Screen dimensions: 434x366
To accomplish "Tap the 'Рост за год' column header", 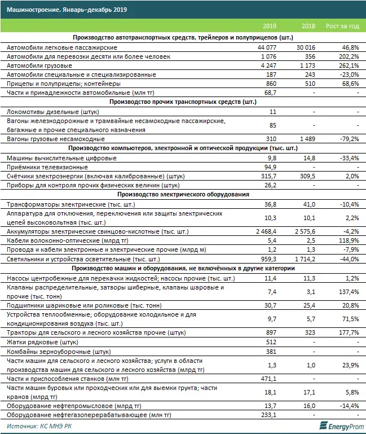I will tap(342, 27).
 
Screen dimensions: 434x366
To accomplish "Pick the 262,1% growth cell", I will tap(346, 65).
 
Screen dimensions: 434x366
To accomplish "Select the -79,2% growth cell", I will tap(346, 139).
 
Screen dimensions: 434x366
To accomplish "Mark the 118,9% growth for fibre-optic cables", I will tap(346, 240).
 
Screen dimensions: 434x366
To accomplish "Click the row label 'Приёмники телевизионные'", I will tap(47, 167).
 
